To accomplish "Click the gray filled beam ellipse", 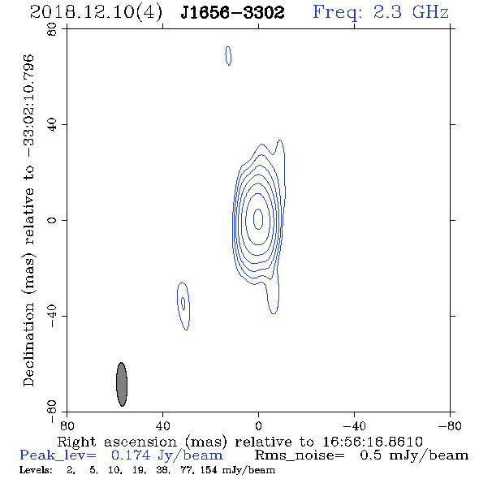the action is coord(122,384).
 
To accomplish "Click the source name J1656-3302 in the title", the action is coord(232,12).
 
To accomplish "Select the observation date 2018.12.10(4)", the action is coord(96,13).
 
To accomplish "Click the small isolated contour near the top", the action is coord(228,56).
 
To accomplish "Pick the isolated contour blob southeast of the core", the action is coord(183,306).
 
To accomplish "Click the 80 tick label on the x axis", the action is coord(67,425).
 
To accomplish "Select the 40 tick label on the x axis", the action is coord(162,425).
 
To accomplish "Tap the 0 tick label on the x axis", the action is coord(258,425).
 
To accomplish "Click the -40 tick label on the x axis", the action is coord(354,425).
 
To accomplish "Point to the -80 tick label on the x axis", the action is coord(450,425).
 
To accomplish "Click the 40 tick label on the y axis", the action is coord(52,125).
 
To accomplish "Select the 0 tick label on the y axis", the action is coord(52,220).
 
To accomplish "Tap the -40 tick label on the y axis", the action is coord(52,316).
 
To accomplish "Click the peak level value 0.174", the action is coord(131,455).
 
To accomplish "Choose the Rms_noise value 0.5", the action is coord(370,455).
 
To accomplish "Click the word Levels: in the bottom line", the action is coord(36,470).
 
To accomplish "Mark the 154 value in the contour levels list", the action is coord(209,470).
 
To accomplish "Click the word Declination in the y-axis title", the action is coord(28,344).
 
